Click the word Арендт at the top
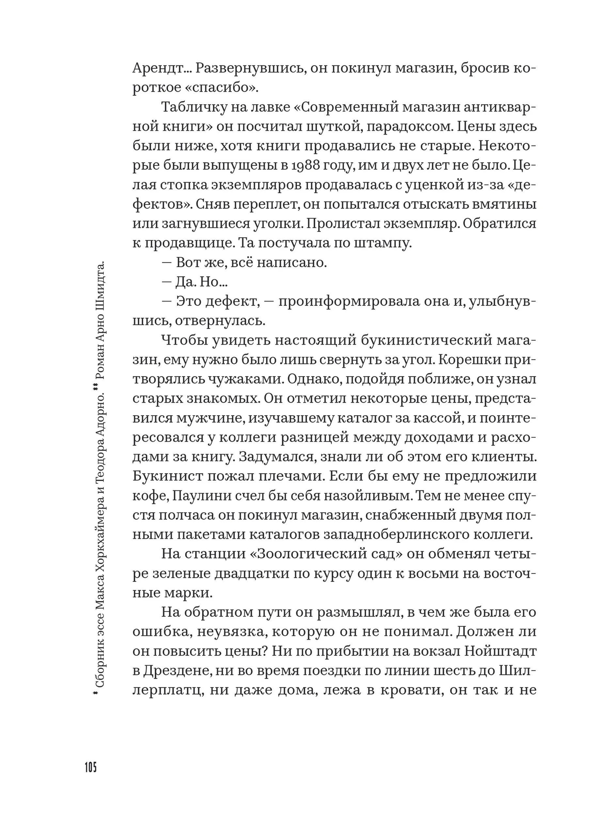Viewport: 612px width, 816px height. [159, 68]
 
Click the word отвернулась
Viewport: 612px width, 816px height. [220, 321]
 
